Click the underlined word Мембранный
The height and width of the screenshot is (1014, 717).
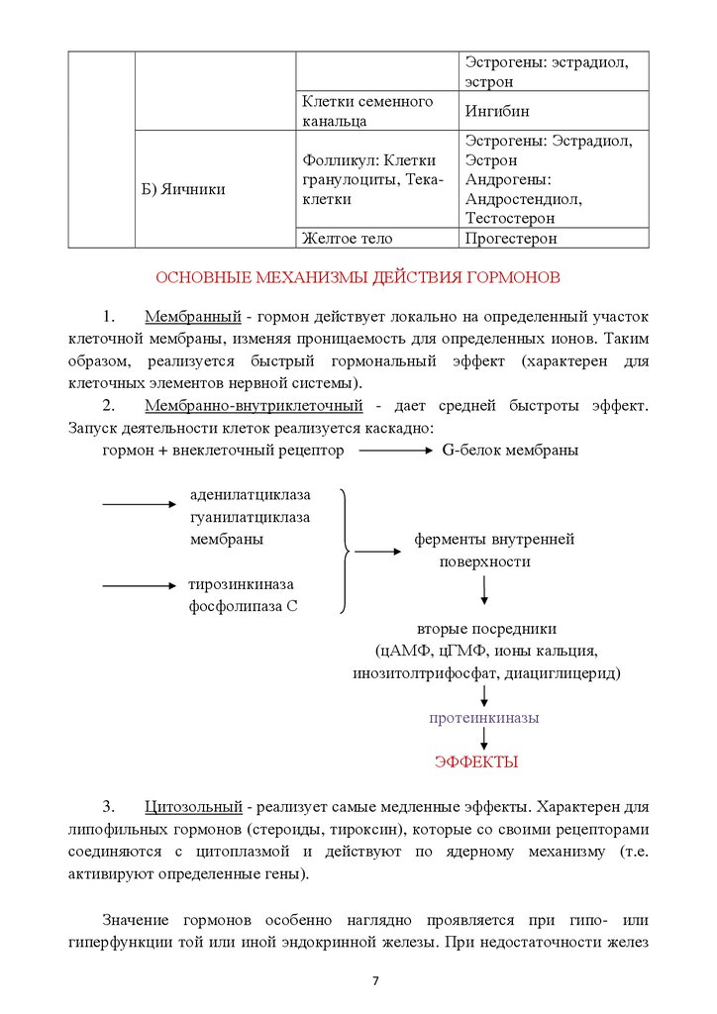click(193, 318)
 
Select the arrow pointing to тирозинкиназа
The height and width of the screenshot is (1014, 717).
click(139, 585)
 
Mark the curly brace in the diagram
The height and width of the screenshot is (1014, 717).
click(344, 550)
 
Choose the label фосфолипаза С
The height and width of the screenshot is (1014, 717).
click(244, 606)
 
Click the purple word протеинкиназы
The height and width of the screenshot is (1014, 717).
click(483, 718)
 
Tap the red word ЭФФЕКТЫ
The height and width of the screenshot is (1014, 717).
click(476, 761)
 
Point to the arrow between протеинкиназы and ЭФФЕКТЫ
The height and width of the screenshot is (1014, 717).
click(483, 740)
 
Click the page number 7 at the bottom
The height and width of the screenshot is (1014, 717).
click(375, 981)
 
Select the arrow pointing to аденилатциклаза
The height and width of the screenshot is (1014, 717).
click(139, 505)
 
